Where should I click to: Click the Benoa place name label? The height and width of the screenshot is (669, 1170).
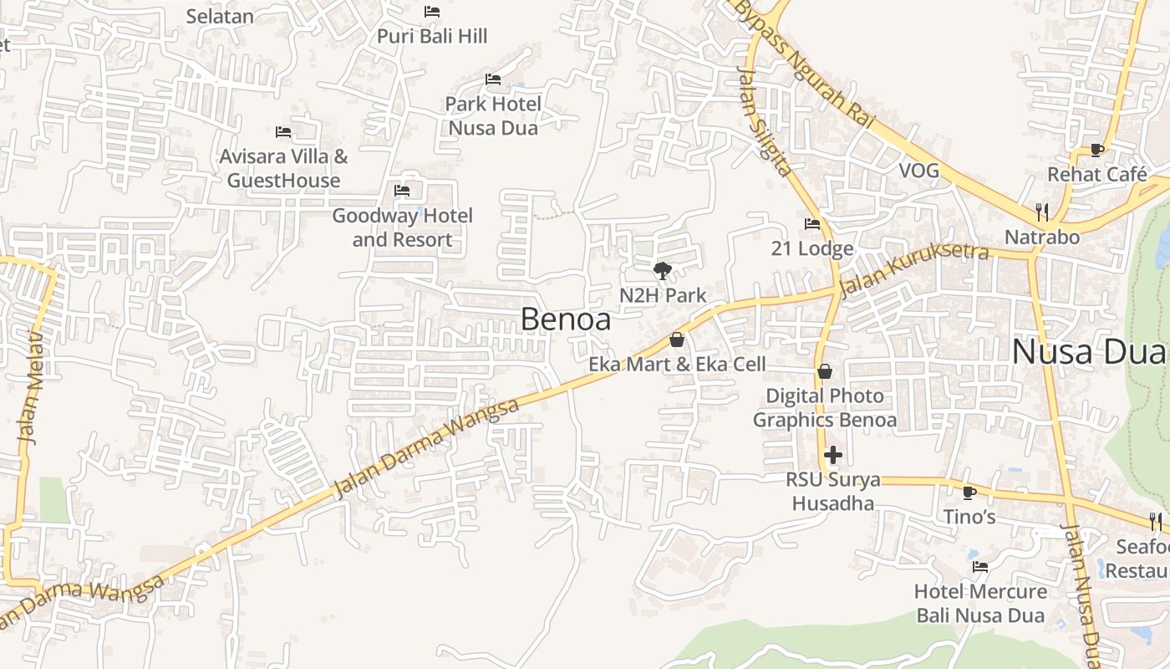coord(566,319)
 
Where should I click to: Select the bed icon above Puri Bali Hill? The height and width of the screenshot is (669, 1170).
coord(432,12)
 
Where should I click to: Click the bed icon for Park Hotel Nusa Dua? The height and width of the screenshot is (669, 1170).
coord(493,79)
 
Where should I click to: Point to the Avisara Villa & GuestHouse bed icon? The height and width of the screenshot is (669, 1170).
coord(283,132)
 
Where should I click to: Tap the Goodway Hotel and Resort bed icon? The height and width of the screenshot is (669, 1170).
coord(402,191)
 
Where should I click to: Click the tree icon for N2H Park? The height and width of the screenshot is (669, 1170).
coord(663,270)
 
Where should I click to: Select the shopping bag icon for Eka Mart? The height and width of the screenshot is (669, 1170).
coord(677,340)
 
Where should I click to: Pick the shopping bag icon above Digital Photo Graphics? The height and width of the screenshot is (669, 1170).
coord(825,371)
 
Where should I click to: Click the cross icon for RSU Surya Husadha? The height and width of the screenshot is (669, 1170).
coord(833,456)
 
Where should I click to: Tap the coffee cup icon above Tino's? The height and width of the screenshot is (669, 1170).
coord(969,493)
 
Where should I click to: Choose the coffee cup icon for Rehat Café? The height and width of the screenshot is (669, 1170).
coord(1097,151)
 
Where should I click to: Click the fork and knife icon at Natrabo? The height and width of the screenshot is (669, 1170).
coord(1041,212)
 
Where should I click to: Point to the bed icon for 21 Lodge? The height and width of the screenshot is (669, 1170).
coord(811,224)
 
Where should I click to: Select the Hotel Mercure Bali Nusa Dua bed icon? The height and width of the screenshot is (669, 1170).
coord(980,567)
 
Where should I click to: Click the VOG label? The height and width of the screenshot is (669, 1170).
coord(918,171)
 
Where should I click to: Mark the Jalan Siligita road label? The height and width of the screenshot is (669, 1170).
coord(763,121)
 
